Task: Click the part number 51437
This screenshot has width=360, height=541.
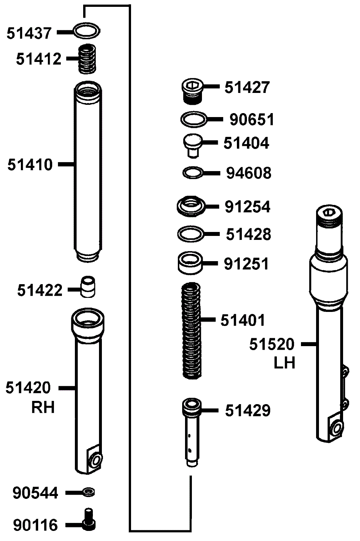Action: coord(29,33)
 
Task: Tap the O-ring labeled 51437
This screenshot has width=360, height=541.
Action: coord(86,24)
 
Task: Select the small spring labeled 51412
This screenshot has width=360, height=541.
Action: coord(87,59)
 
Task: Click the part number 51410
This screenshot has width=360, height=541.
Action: coord(30,165)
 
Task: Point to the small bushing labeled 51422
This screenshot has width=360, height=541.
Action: coord(87,287)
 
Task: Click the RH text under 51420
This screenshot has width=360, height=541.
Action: coord(43,408)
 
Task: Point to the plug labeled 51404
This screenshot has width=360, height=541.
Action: coord(193,146)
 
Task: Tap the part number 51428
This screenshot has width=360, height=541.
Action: coord(248,234)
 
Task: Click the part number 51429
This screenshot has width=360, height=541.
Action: coord(248,410)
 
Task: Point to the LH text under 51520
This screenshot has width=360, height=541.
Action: coord(284,363)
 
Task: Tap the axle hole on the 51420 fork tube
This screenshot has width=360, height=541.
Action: coord(96,460)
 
